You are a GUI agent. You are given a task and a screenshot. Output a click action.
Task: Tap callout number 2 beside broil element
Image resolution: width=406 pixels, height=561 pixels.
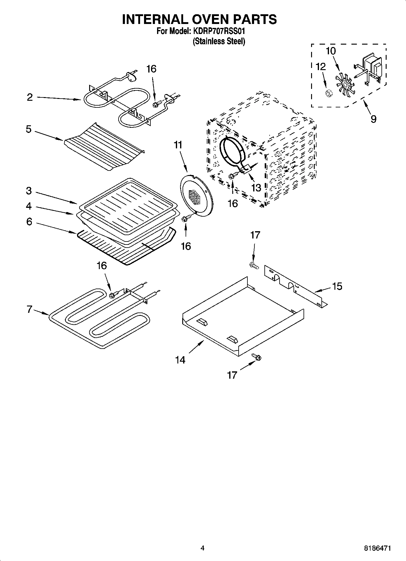tap(30, 97)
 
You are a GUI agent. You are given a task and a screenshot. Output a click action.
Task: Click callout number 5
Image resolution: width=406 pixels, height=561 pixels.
tap(29, 129)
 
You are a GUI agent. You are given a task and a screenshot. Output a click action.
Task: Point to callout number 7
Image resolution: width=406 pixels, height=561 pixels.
tap(29, 310)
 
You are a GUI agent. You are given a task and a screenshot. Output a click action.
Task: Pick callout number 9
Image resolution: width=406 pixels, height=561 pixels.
tap(374, 119)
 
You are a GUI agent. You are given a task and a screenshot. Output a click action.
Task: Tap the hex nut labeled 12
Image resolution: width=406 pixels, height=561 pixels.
tap(328, 93)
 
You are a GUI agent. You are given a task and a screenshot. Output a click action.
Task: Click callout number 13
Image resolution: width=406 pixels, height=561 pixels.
tap(256, 188)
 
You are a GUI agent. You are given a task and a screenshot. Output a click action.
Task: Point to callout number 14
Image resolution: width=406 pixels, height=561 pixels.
tap(180, 360)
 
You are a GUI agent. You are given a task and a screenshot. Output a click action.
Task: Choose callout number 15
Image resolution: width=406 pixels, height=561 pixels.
tap(337, 286)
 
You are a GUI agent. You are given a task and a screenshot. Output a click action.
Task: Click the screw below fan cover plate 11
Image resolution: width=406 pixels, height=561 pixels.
tap(186, 218)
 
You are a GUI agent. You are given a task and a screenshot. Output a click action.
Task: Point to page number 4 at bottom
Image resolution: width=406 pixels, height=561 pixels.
tap(203, 548)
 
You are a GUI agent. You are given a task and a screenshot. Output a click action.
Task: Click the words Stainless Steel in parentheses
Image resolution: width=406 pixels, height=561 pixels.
tap(219, 41)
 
